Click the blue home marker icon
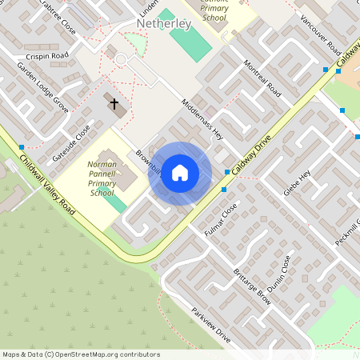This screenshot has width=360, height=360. click(180, 173)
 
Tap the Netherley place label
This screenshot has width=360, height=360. click(164, 25)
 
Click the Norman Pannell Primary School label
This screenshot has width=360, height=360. click(102, 178)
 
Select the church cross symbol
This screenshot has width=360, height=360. click(114, 104)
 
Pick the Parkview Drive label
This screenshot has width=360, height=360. click(211, 326)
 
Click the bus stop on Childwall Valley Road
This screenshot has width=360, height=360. click(21, 147)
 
